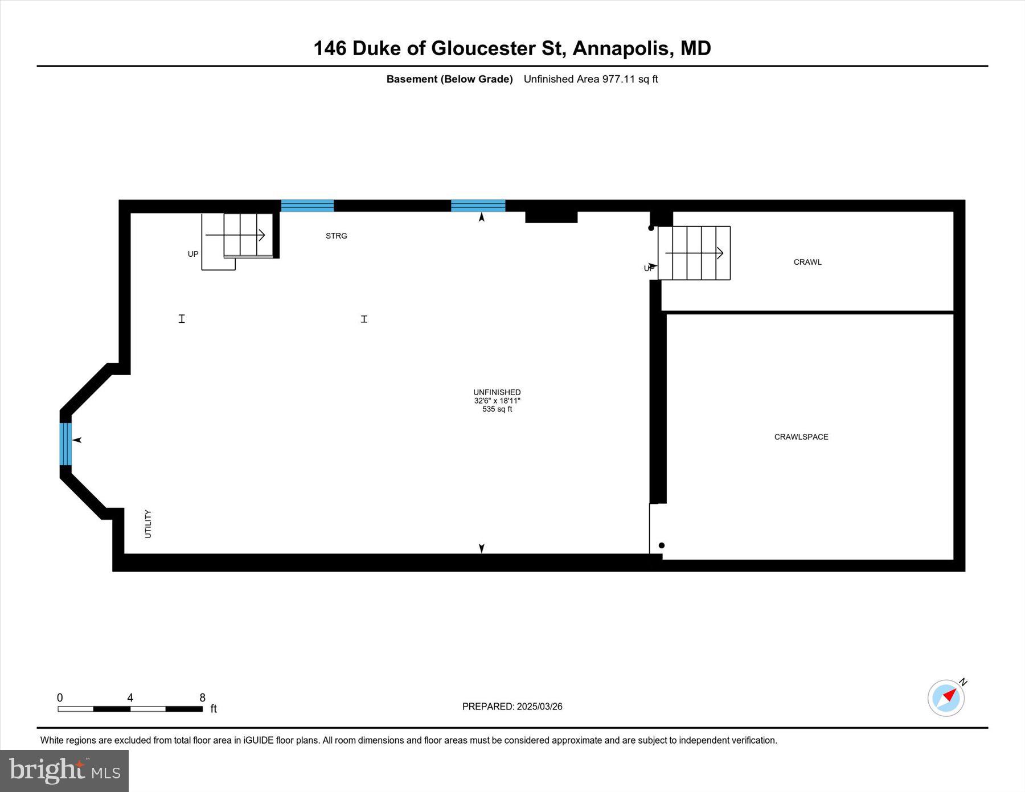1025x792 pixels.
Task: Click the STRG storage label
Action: [x=336, y=236]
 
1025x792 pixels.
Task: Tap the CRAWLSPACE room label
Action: [x=801, y=437]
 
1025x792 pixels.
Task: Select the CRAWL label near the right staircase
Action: [x=807, y=262]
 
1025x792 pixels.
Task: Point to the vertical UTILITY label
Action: [x=148, y=524]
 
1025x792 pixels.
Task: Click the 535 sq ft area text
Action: [x=497, y=409]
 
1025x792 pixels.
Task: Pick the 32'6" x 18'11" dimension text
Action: [x=497, y=401]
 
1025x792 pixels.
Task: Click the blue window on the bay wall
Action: [x=65, y=444]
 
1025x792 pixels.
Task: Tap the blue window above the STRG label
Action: [x=307, y=206]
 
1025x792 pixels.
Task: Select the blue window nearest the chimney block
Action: [x=478, y=206]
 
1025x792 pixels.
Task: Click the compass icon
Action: [x=946, y=697]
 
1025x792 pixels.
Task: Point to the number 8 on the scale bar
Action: [x=202, y=697]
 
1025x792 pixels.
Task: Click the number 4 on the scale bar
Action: [x=130, y=697]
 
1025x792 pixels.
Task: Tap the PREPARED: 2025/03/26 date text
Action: [x=512, y=707]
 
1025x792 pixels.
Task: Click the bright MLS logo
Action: [x=64, y=770]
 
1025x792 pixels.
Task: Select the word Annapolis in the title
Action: [x=621, y=48]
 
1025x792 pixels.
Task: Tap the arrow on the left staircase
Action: [x=235, y=235]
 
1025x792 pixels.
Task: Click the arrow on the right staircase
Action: [x=694, y=253]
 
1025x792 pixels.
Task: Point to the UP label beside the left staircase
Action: [x=193, y=254]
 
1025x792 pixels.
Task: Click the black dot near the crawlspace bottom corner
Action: [x=662, y=545]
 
